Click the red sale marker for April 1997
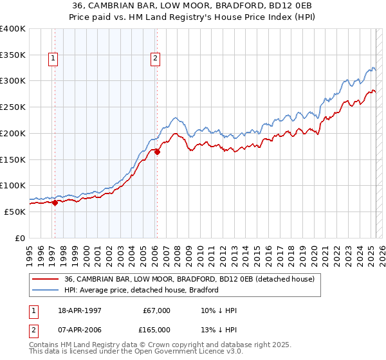tap(55, 203)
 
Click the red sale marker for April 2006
tap(156, 152)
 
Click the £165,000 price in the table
tap(156, 330)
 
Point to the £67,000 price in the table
tap(156, 310)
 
